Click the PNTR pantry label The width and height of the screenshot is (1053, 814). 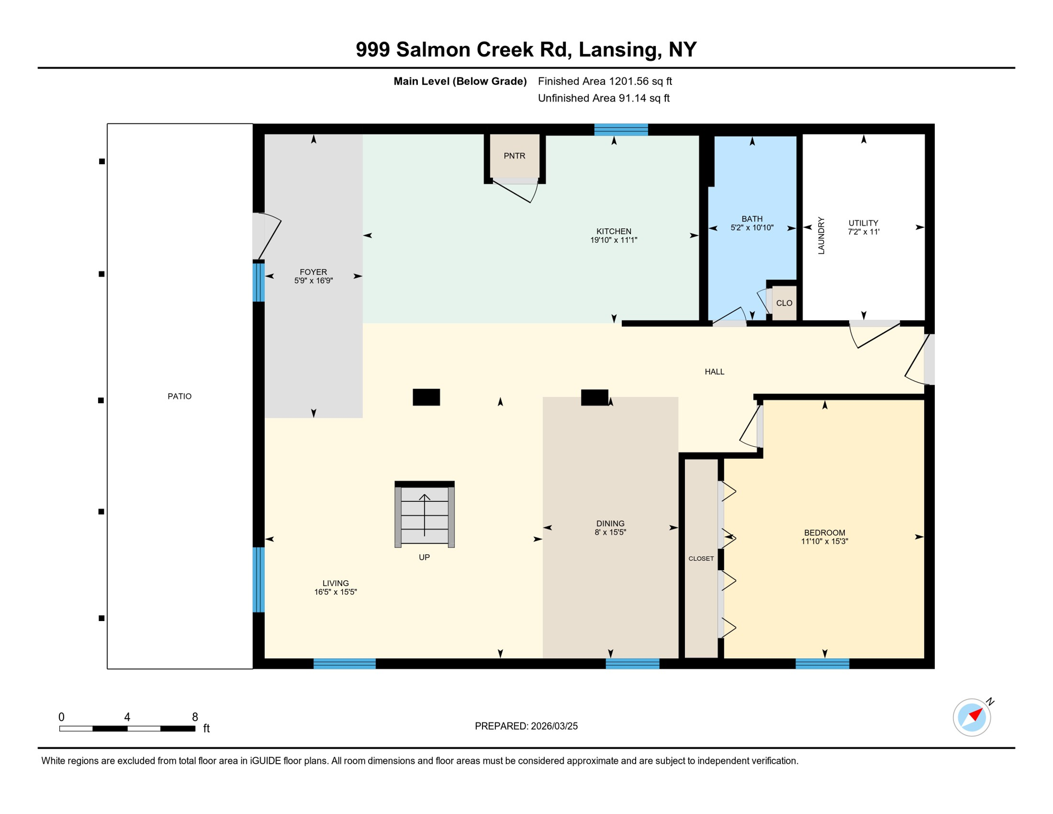coord(514,156)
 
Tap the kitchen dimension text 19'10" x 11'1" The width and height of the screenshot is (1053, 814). coord(613,240)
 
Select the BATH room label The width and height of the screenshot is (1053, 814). coord(752,219)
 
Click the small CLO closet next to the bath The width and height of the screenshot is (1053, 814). coord(784,303)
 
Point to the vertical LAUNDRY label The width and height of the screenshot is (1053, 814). coord(821,235)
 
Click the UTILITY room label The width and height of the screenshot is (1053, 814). coord(863,223)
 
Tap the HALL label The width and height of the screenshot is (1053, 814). coord(714,372)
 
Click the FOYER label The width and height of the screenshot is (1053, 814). coord(313,272)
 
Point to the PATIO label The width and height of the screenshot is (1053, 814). coord(180,396)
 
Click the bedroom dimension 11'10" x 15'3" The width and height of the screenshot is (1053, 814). coord(824,542)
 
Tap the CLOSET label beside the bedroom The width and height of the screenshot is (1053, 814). coord(701,559)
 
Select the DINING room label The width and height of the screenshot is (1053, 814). coord(610,524)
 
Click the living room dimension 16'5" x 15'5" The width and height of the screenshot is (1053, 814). coord(335,592)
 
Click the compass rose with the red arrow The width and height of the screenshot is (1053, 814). coord(971,717)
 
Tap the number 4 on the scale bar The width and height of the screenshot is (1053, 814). coord(127,717)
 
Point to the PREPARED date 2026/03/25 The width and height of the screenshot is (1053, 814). coord(526,726)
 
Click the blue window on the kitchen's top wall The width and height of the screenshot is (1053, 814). coord(621,130)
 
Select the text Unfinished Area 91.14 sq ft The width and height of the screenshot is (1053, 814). coord(603,98)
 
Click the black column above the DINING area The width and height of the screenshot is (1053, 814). coord(594,397)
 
